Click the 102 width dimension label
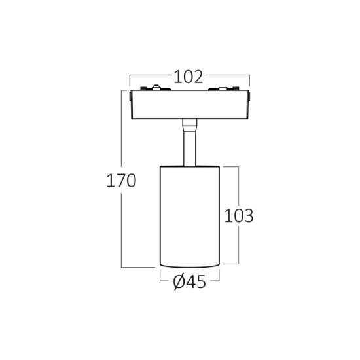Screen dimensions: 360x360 (189, 77)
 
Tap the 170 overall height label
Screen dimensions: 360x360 (122, 181)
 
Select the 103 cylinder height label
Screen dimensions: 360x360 (239, 215)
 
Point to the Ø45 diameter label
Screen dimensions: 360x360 (189, 281)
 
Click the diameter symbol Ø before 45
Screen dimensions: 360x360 (179, 281)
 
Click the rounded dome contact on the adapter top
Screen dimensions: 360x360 (156, 87)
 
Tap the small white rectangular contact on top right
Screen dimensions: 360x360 (223, 88)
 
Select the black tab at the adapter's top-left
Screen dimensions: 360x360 (143, 88)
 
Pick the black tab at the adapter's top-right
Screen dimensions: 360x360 (236, 88)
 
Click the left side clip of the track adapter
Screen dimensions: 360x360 (130, 96)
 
